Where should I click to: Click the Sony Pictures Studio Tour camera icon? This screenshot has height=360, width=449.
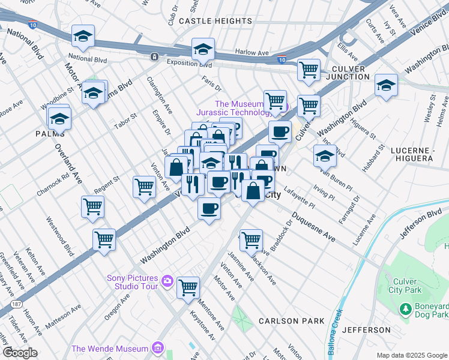click(x=167, y=281)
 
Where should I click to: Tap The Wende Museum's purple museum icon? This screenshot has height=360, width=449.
click(x=157, y=348)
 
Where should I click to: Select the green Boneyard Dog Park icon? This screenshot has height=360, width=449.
click(x=405, y=308)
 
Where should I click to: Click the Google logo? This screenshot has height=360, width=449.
click(x=20, y=352)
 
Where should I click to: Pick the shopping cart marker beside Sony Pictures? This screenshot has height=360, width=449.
click(x=188, y=287)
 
